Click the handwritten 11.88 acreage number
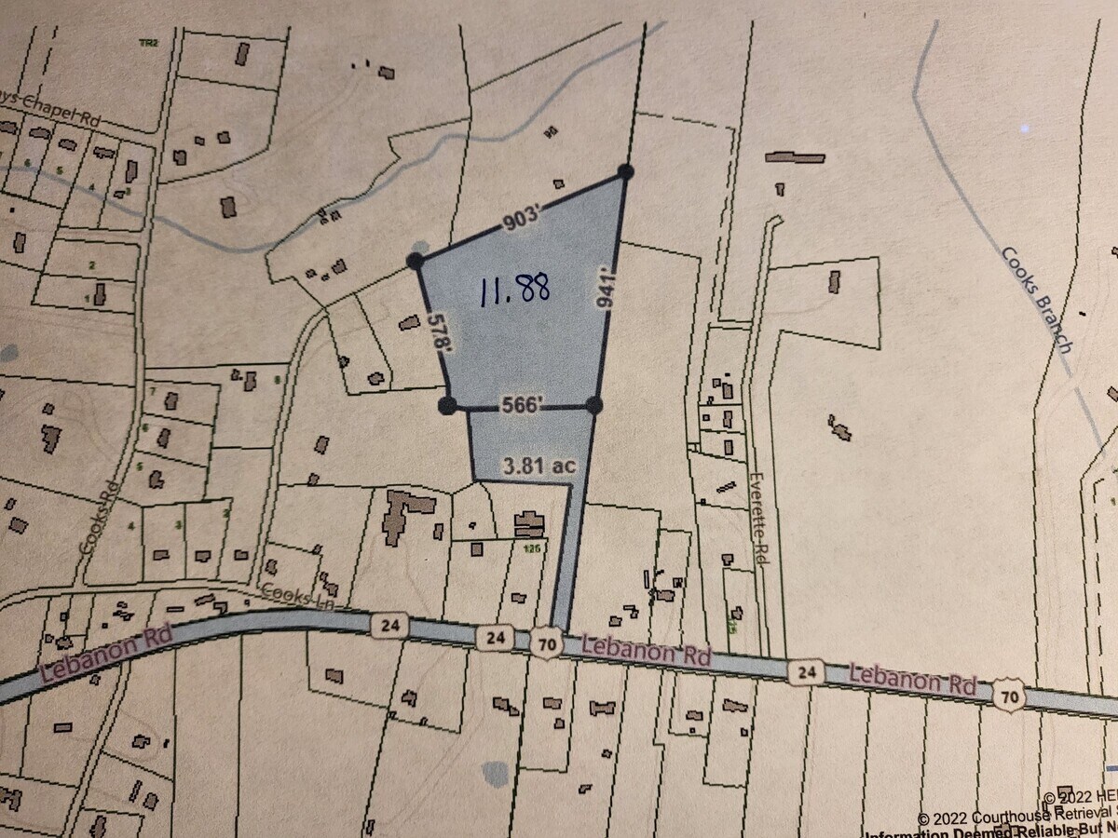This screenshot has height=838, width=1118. pos(515,291)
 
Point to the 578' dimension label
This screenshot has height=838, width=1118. pos(434,331)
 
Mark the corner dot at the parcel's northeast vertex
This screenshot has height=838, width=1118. pos(625,171)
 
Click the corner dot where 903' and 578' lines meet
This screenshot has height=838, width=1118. pos(416,262)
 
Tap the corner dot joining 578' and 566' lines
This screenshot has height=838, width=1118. pos(447,404)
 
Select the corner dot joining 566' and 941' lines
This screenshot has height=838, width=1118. pos(594,404)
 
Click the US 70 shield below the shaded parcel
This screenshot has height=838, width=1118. pos(547,642)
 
